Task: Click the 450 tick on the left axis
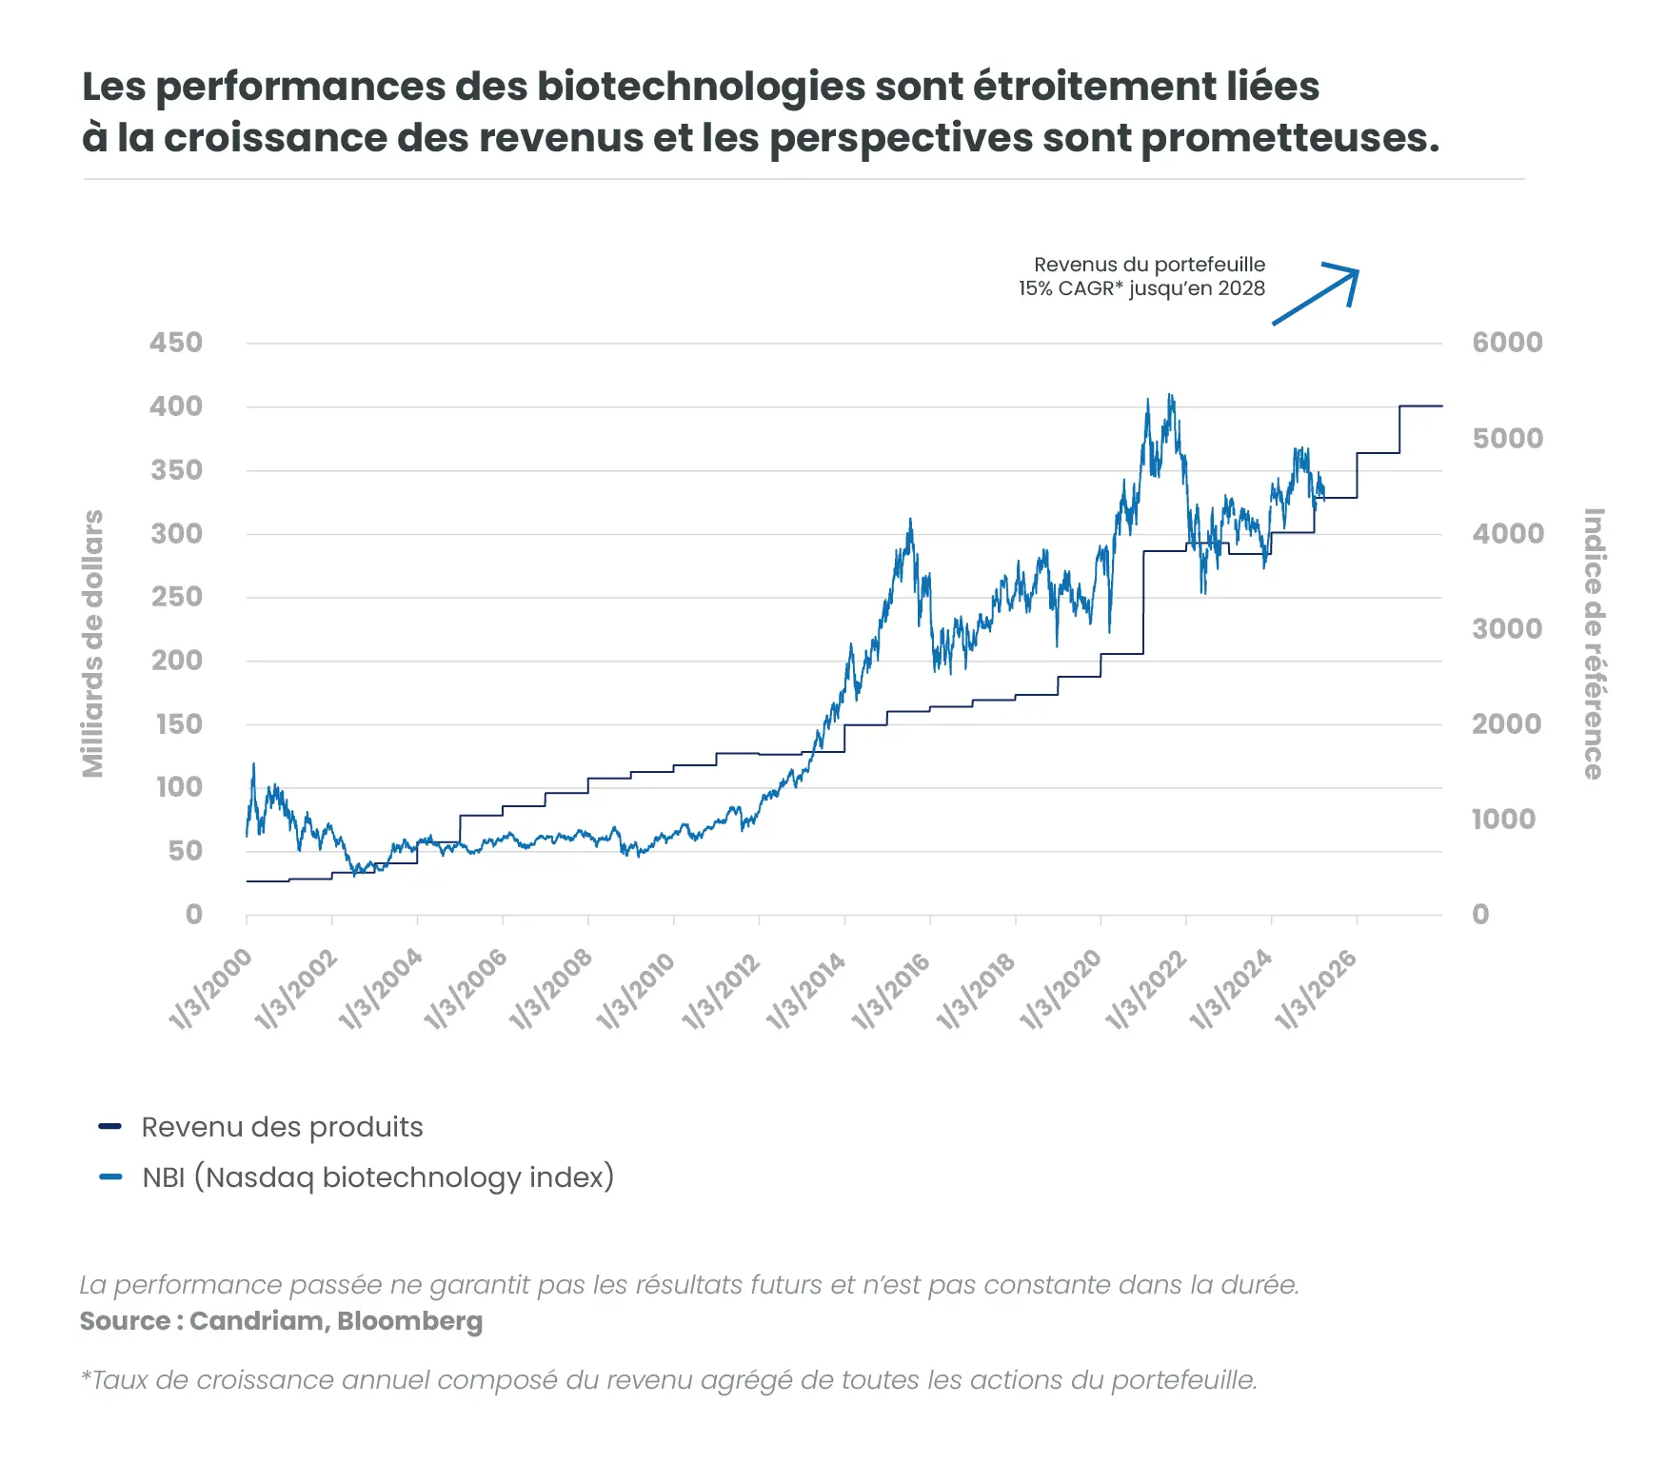coord(176,343)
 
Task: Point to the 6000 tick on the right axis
coord(1507,343)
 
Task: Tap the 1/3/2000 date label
coord(211,990)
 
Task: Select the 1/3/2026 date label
coord(1317,990)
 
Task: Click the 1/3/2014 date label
coord(806,990)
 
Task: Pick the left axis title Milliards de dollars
coord(92,643)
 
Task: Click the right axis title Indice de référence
coord(1593,643)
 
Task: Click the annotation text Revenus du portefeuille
coord(1149,265)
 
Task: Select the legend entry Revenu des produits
coord(282,1127)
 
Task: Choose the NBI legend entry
coord(378,1177)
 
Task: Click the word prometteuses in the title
coord(1289,138)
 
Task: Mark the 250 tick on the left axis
coord(177,597)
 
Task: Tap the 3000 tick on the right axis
coord(1507,628)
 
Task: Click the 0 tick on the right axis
coord(1480,915)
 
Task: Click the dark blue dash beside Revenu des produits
coord(110,1127)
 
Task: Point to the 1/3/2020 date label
coord(1061,990)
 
